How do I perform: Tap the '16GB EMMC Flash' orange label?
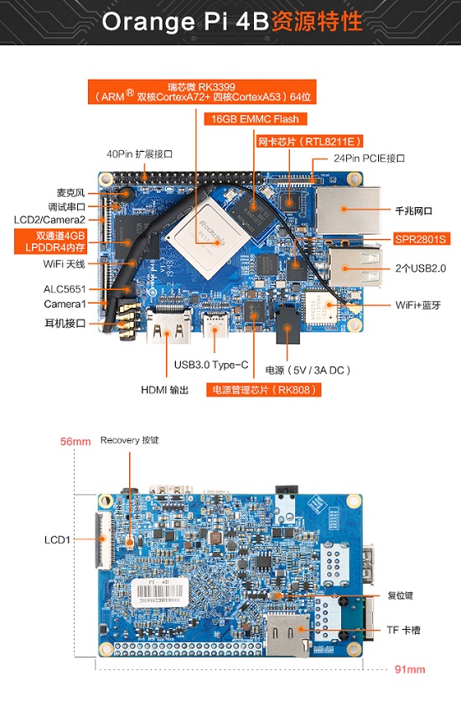point(252,118)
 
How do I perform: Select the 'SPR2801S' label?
point(422,239)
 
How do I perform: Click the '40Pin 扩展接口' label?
point(139,154)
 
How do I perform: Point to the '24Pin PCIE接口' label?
point(369,158)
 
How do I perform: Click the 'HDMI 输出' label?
point(165,389)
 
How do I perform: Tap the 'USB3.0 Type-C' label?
point(210,365)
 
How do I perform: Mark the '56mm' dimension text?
point(75,441)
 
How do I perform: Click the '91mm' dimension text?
point(410,669)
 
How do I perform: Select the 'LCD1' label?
point(57,539)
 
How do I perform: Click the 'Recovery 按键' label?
point(129,440)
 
